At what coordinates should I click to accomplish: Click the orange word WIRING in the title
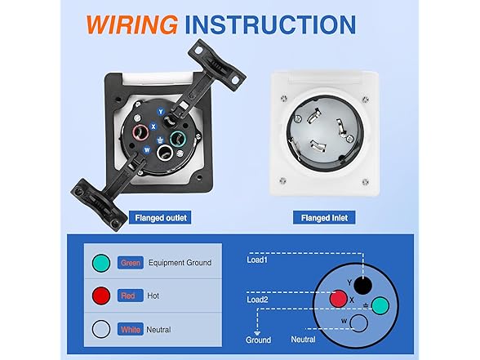(132, 24)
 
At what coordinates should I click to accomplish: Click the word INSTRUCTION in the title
(270, 24)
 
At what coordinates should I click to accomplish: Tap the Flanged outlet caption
(161, 218)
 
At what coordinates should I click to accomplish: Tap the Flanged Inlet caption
(324, 218)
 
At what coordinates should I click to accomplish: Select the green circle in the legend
(101, 263)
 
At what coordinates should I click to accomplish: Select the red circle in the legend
(101, 296)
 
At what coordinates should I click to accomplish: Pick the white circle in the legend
(101, 329)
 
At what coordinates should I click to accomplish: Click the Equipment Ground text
(180, 263)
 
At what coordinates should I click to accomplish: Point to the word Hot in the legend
(153, 296)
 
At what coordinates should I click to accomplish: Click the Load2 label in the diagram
(257, 300)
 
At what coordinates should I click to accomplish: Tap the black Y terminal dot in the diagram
(362, 286)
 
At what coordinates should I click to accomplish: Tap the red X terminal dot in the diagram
(339, 299)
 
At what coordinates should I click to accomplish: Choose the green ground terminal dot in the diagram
(380, 305)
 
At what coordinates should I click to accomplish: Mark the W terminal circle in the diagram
(358, 323)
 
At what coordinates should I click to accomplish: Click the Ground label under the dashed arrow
(258, 340)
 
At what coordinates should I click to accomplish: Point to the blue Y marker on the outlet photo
(161, 112)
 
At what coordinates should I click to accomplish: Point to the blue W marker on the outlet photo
(147, 150)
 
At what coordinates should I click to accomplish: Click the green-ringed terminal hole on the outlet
(178, 139)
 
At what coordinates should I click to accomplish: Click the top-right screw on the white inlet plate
(365, 100)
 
